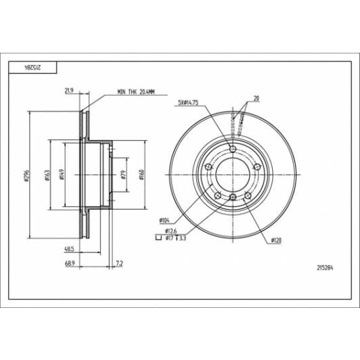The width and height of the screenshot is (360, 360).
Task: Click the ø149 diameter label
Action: [x=62, y=175]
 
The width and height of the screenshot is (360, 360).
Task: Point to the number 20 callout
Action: [x=256, y=98]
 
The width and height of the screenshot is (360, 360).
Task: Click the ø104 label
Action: [x=164, y=221]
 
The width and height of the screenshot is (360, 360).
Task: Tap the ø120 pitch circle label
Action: [x=276, y=240]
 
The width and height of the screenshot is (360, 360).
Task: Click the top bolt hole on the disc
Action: [x=232, y=150]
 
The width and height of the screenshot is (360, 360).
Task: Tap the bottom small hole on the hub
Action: [x=232, y=197]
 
